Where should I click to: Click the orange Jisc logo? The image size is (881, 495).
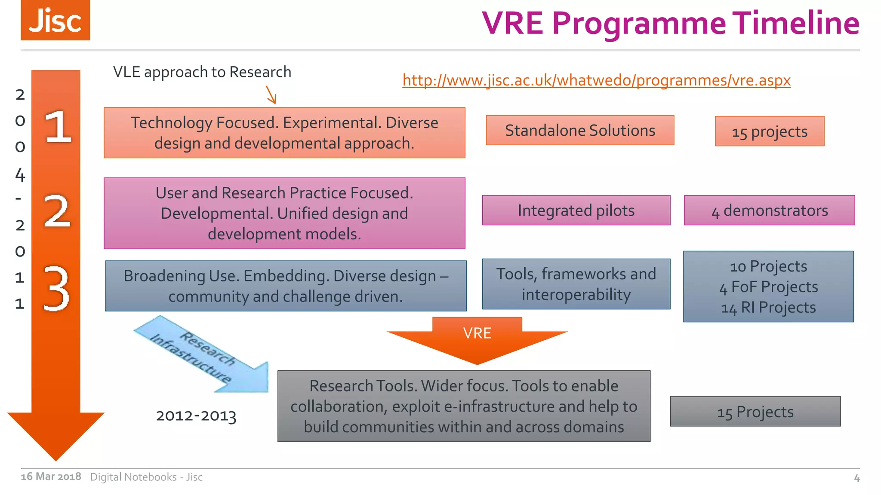coord(55,20)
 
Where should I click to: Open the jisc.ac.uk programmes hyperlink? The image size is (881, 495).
coord(596,80)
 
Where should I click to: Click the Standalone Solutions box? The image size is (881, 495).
coord(580,130)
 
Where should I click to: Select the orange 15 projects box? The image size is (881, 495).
coord(770,131)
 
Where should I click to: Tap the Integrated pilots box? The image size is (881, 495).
coord(576,211)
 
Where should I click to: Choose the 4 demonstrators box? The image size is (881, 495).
coord(769,211)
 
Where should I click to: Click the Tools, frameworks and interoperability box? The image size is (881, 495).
coord(576,284)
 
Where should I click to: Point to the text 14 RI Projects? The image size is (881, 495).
coord(768,308)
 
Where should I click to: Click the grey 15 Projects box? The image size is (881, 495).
coord(755,412)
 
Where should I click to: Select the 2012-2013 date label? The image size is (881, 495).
coord(196,416)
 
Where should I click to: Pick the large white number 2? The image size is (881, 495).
coord(57,211)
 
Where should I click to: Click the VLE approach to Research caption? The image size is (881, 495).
coord(202,72)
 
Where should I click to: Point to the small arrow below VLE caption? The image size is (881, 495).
coord(271,95)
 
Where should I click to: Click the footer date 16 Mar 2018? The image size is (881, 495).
coord(51,477)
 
